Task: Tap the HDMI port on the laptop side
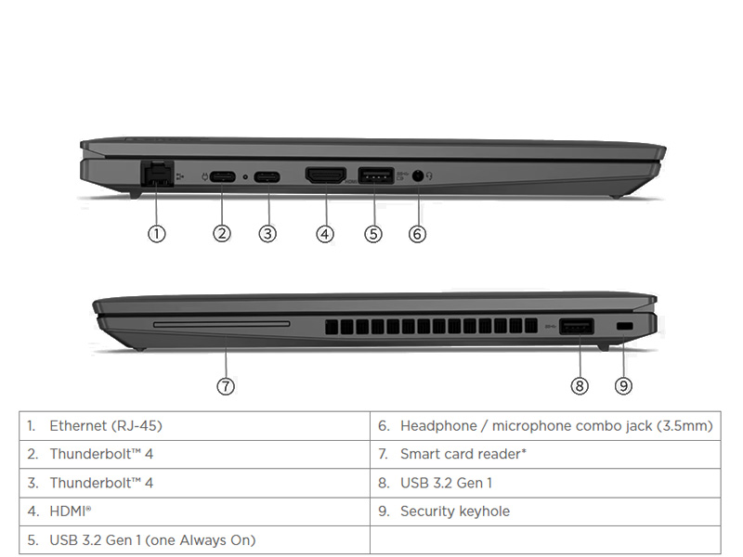click(x=325, y=175)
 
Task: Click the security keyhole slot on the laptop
click(x=624, y=326)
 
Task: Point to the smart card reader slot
click(x=221, y=325)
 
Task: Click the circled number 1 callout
click(x=157, y=234)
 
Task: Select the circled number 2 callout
click(x=221, y=234)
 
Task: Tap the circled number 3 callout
click(x=267, y=234)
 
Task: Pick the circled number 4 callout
click(x=324, y=234)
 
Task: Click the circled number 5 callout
click(x=373, y=234)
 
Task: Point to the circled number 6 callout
click(x=417, y=234)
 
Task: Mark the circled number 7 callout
click(x=226, y=385)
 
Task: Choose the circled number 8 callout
click(x=580, y=385)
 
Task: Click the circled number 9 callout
click(x=623, y=385)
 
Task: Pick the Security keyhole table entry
click(x=454, y=512)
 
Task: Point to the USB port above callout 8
click(x=578, y=326)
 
